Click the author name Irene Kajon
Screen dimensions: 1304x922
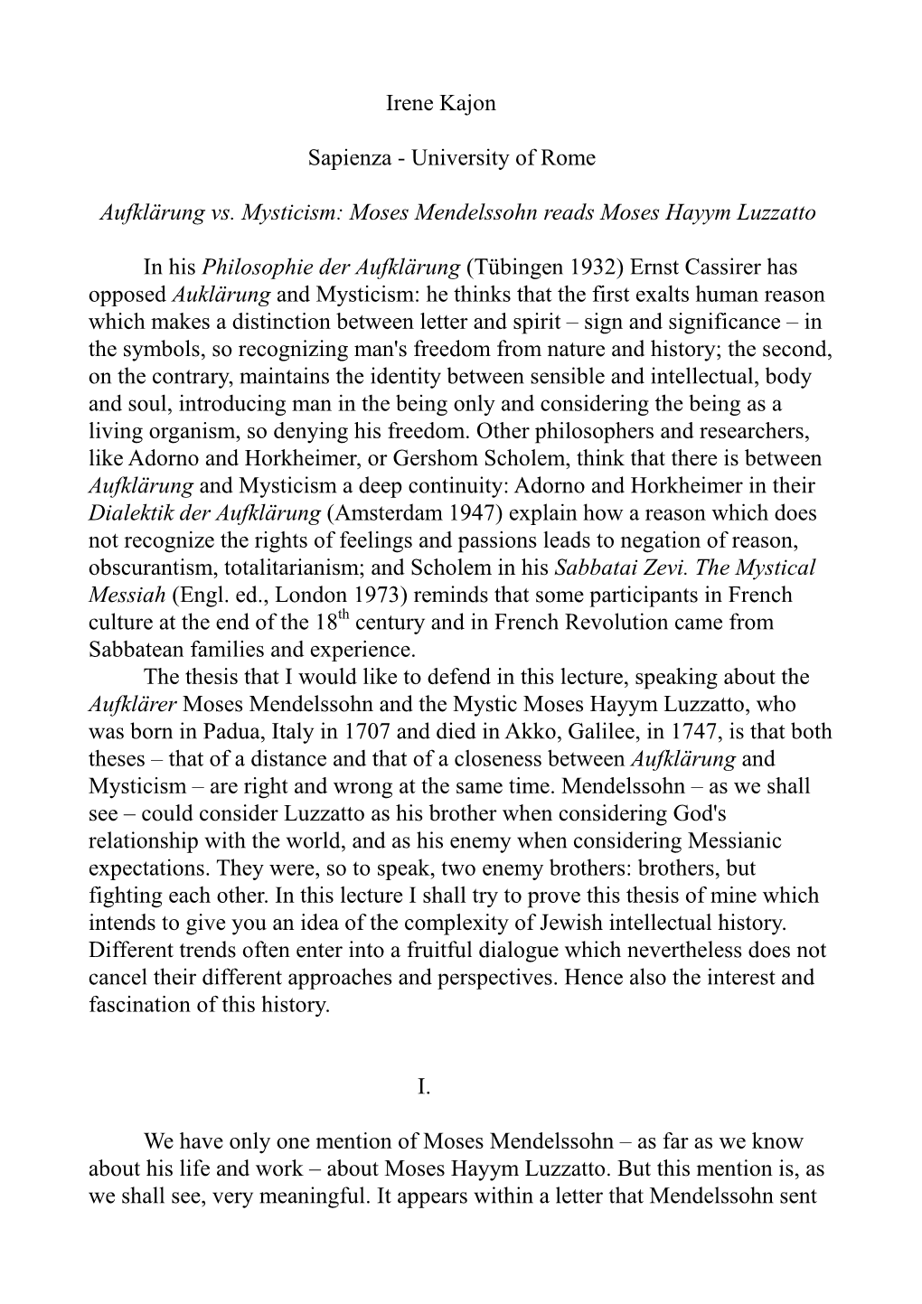(440, 103)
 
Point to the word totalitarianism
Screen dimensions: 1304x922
(310, 568)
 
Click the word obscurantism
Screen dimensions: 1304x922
(151, 568)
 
